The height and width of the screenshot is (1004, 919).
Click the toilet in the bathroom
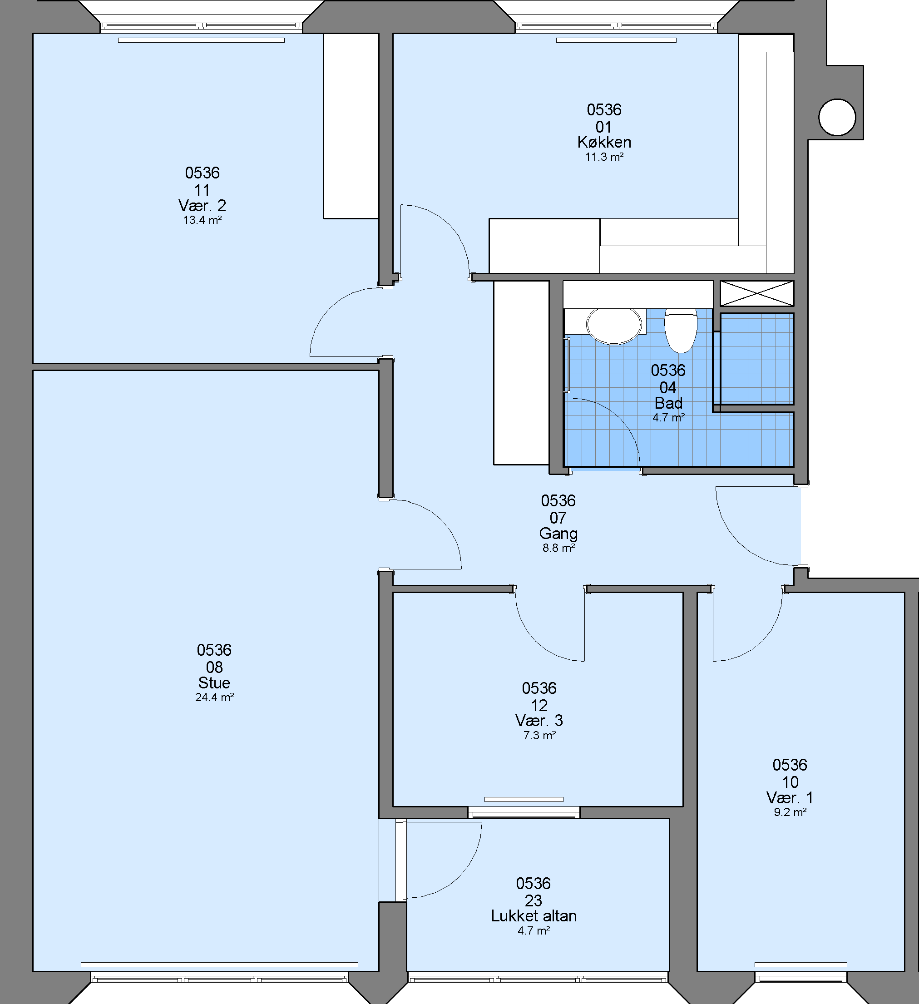click(681, 330)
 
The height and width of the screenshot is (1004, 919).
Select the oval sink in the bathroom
click(614, 326)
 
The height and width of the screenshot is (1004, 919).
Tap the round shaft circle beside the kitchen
click(837, 118)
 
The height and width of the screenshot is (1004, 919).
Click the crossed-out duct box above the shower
click(756, 293)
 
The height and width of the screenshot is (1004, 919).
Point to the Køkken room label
click(604, 143)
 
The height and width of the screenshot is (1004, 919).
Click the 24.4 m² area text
click(215, 697)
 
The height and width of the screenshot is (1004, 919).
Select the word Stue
click(214, 683)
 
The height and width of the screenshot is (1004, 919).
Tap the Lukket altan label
click(534, 916)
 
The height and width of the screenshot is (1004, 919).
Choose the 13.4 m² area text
click(202, 220)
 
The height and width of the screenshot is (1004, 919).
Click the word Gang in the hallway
click(558, 534)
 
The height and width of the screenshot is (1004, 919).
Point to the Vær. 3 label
click(539, 721)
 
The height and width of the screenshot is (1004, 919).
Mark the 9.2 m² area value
click(790, 812)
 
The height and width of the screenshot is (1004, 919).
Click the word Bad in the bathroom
click(668, 403)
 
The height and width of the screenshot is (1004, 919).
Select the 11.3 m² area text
click(604, 157)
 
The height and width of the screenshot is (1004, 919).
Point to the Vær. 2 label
click(202, 206)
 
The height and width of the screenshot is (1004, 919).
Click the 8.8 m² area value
click(558, 548)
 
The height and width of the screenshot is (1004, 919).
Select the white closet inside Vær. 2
click(351, 126)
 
